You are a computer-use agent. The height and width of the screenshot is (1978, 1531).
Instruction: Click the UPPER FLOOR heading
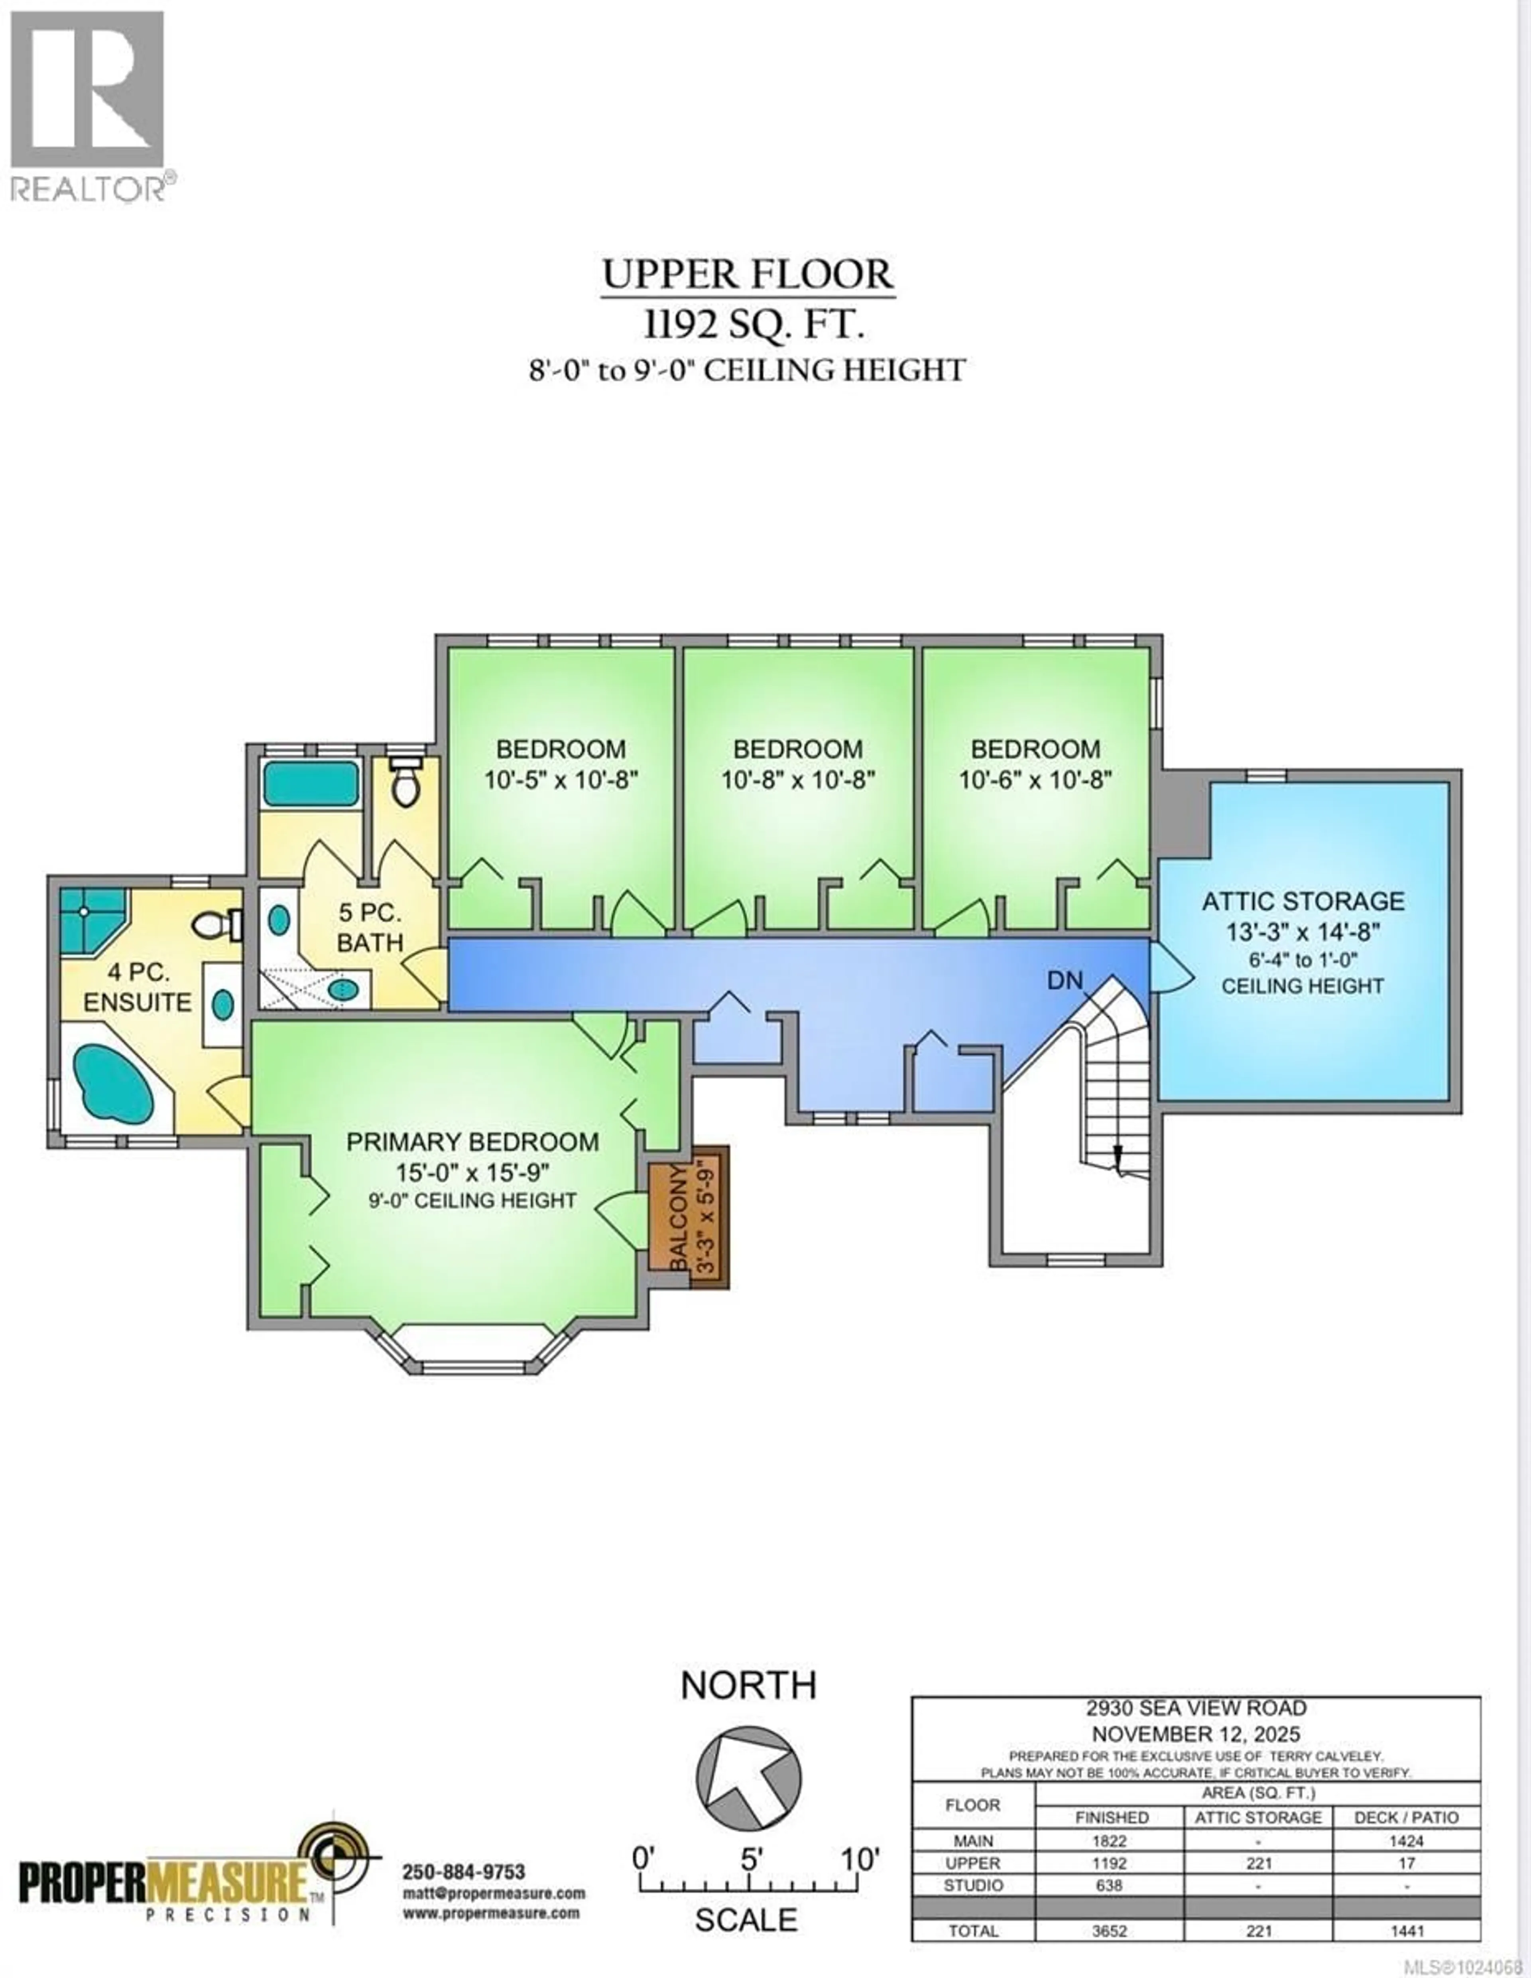[x=748, y=274]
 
